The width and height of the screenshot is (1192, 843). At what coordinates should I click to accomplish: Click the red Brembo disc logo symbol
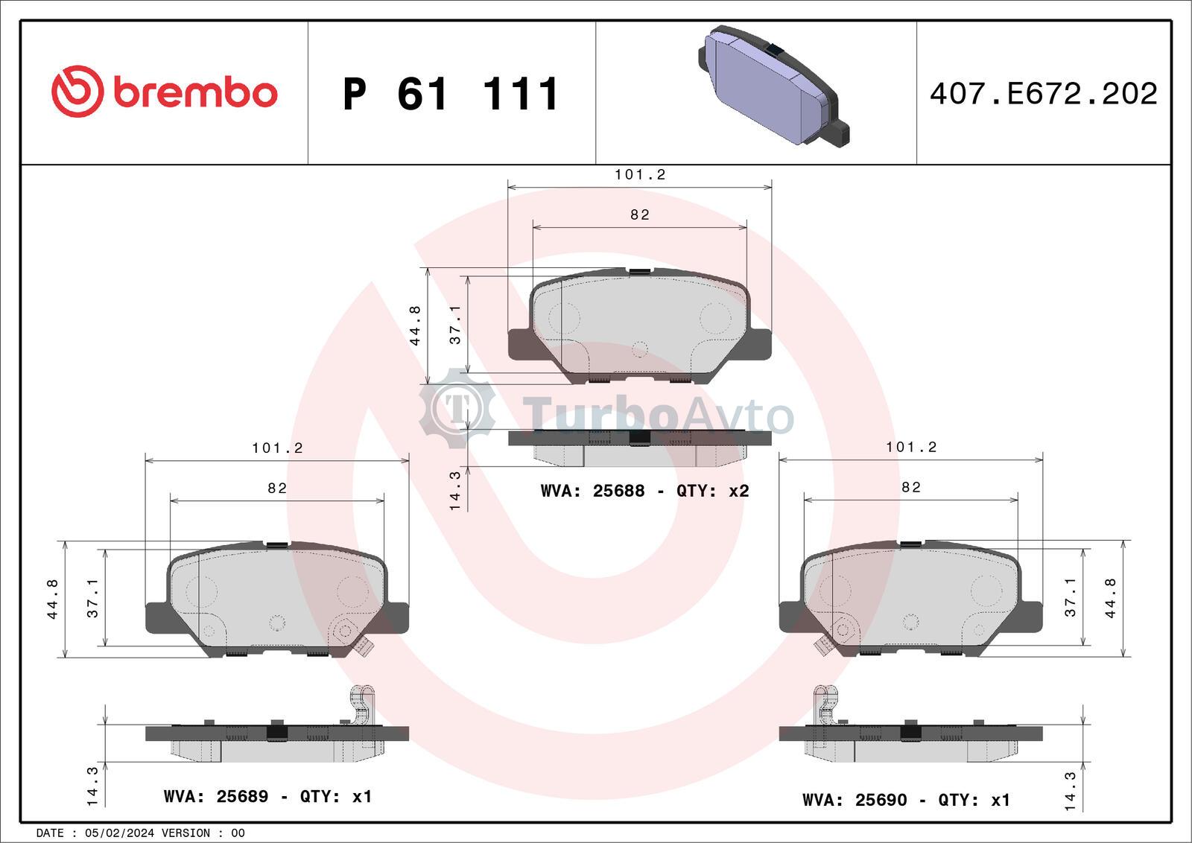pyautogui.click(x=77, y=92)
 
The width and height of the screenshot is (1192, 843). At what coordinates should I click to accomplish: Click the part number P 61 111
pyautogui.click(x=451, y=94)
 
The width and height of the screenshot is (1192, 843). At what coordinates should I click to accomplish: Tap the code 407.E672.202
pyautogui.click(x=1044, y=94)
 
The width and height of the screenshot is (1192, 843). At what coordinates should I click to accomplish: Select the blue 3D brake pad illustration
pyautogui.click(x=773, y=86)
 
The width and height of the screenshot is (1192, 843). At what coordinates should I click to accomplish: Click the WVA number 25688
pyautogui.click(x=618, y=490)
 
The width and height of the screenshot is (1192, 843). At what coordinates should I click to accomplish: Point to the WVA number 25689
pyautogui.click(x=242, y=796)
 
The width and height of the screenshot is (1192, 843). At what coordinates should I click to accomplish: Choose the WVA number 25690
pyautogui.click(x=881, y=799)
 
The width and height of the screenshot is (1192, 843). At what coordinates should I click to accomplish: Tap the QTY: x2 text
pyautogui.click(x=712, y=490)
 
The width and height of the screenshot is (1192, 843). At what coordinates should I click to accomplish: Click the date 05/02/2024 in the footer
pyautogui.click(x=120, y=833)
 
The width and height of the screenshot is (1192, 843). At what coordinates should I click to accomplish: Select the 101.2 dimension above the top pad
pyautogui.click(x=640, y=174)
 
